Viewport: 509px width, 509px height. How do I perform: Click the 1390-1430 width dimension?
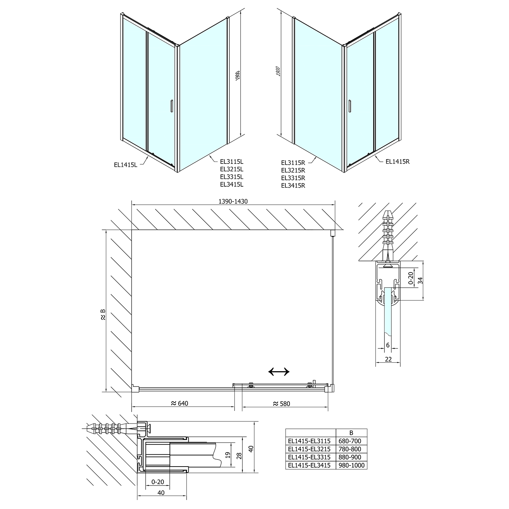point(233,201)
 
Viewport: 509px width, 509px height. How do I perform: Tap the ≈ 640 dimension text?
point(179,403)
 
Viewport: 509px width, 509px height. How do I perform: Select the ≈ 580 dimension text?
point(281,403)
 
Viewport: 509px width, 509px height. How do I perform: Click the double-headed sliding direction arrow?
point(279,372)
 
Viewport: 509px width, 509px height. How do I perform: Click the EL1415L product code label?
point(126,165)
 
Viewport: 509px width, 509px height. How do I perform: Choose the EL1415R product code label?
point(398,162)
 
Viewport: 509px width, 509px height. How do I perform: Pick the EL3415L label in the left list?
point(231,185)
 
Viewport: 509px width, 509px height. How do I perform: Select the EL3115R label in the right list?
point(293,163)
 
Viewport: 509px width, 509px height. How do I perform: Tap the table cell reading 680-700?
point(351,441)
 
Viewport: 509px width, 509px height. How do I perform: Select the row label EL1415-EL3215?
point(309,449)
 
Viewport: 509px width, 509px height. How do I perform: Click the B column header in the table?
point(351,433)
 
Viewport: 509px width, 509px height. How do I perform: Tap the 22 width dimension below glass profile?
point(388,359)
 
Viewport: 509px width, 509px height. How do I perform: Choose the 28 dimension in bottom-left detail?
point(239,454)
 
